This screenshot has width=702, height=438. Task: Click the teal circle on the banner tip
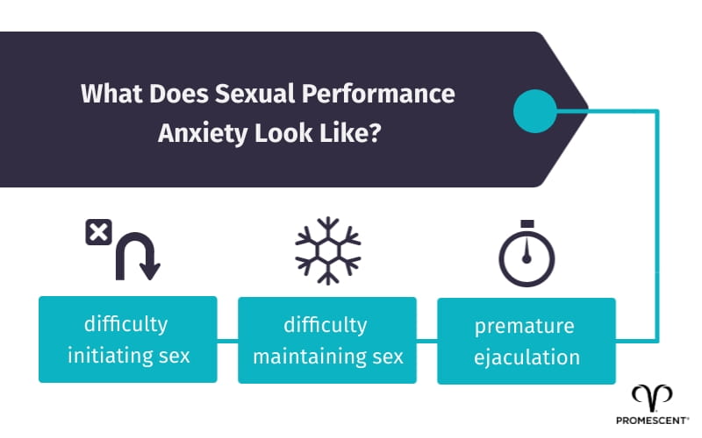point(534,111)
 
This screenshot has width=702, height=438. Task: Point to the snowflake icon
point(326,250)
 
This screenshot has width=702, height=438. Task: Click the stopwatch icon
point(527,253)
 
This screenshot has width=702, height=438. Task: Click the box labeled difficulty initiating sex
point(127,339)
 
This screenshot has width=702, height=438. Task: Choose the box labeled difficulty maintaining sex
point(326,341)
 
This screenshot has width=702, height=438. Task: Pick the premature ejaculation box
point(526,341)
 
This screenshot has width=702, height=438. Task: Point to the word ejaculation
point(526,357)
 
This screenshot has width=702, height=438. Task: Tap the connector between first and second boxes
point(227,340)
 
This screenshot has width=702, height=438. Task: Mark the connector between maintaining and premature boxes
point(426,340)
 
